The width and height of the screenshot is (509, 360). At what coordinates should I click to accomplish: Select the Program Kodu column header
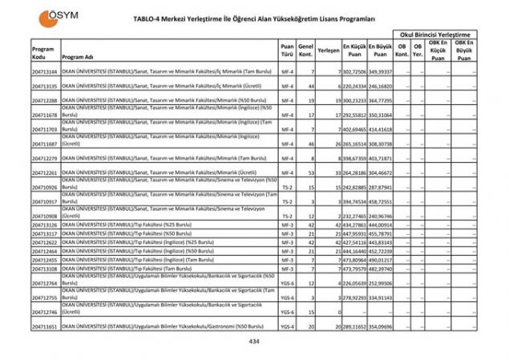(42, 53)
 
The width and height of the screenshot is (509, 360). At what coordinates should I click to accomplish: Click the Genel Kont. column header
(305, 50)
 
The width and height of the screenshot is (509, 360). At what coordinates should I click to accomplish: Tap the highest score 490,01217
(381, 260)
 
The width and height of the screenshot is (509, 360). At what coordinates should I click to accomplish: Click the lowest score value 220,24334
(354, 86)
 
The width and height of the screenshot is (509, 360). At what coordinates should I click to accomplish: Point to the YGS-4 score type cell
(287, 327)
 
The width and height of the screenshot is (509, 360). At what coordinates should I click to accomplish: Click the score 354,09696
(381, 327)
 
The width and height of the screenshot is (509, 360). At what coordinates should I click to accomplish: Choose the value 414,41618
(381, 129)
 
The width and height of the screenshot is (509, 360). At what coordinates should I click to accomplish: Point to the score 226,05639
(354, 283)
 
